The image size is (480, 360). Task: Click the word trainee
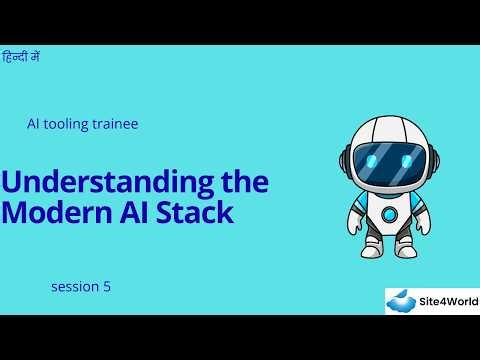[113, 124]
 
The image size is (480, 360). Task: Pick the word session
[74, 287]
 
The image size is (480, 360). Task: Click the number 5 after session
[107, 287]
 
